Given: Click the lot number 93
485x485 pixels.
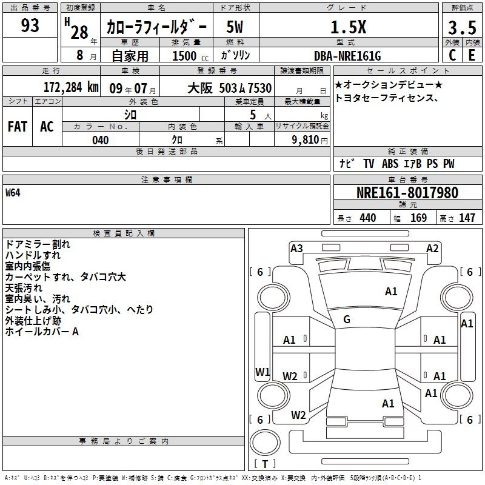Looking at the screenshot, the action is (30, 25).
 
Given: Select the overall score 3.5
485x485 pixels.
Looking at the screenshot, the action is (462, 27).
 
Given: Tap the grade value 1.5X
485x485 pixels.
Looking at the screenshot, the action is (348, 27).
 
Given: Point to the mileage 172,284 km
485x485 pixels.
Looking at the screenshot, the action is (71, 87).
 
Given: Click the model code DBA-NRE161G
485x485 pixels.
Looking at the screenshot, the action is (347, 56).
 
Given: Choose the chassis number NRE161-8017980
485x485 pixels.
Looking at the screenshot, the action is (407, 193).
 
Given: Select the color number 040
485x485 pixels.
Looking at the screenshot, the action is (100, 140).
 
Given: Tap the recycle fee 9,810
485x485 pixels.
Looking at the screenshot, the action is (306, 140).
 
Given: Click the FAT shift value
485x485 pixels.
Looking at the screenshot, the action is (18, 127).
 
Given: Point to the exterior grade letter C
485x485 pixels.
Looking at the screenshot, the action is (452, 55).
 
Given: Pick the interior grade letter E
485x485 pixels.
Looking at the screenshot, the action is (472, 55).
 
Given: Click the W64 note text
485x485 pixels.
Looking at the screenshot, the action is (13, 193).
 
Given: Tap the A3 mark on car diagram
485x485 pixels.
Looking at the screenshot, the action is (296, 249).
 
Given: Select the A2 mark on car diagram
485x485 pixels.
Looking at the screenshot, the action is (432, 249).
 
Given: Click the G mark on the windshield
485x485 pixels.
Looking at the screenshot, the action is (347, 319).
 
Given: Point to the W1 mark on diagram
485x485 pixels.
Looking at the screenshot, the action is (263, 372).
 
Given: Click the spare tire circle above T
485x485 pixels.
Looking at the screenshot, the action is (265, 443).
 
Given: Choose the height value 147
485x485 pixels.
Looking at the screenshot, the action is (467, 218).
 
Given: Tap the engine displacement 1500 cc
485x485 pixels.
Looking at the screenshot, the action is (190, 56).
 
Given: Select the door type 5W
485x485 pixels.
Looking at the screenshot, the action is (235, 27).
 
